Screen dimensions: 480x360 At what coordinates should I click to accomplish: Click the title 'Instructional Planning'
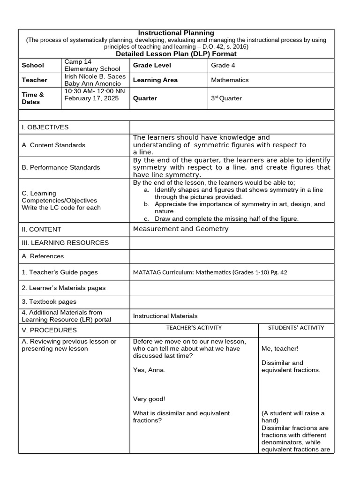pos(176,33)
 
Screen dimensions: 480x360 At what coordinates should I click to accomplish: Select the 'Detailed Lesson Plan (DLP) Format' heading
pos(176,54)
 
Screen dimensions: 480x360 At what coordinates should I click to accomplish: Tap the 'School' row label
pos(33,65)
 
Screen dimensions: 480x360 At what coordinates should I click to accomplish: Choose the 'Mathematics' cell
pos(230,80)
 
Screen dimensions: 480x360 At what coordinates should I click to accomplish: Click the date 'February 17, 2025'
pos(91,98)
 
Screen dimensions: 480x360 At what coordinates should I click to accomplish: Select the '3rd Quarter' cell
pos(226,98)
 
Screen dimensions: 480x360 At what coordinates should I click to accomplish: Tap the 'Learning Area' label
pos(155,80)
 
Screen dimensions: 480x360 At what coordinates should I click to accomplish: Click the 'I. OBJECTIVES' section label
pos(45,127)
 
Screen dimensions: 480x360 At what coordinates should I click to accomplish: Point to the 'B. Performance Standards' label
pos(60,167)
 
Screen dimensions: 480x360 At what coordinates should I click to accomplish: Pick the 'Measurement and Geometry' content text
pos(180,229)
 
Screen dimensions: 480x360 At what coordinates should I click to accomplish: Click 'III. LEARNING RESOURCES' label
pos(65,243)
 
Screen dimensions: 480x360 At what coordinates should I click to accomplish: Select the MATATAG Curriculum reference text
pos(210,272)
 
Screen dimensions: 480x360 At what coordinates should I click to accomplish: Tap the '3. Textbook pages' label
pos(49,302)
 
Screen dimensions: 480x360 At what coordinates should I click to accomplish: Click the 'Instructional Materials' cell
pos(165,316)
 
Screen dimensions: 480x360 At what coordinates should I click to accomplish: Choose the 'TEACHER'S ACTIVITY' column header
pos(194,328)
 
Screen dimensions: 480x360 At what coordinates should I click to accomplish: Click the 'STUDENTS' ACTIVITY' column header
pos(296,328)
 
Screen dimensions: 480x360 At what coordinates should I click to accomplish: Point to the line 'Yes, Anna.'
pos(149,370)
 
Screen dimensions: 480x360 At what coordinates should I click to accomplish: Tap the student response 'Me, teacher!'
pos(280,348)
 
